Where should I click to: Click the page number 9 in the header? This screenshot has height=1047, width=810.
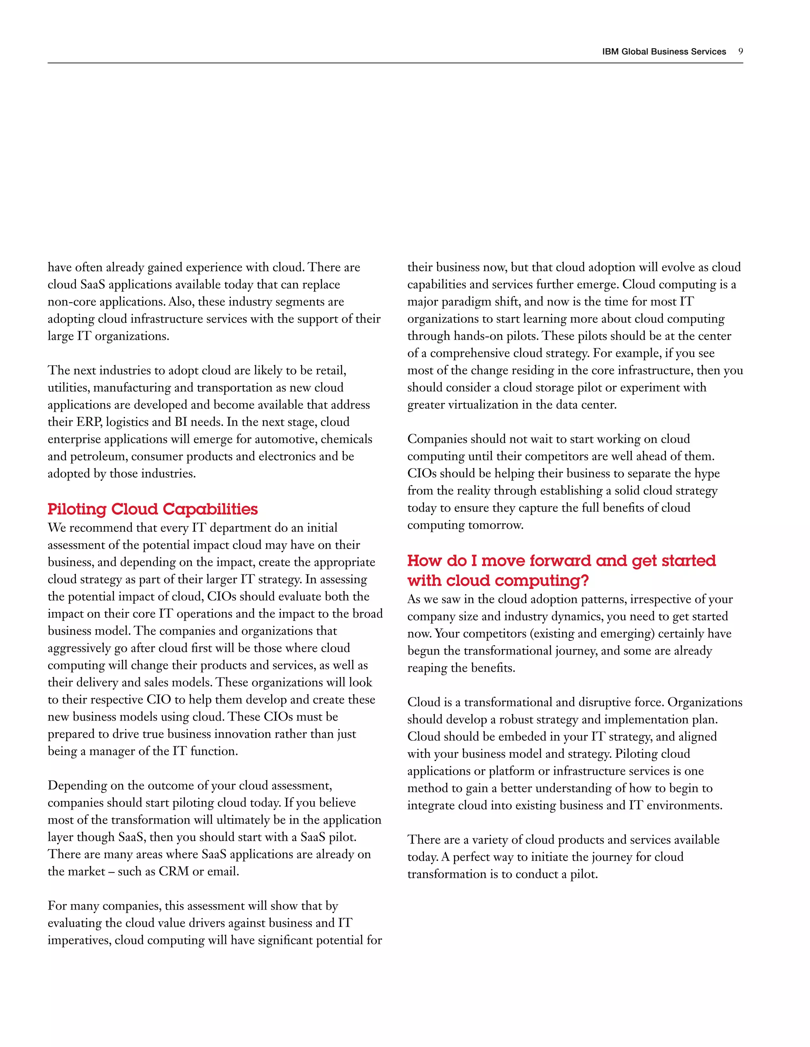pos(740,51)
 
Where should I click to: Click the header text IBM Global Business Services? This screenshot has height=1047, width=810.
pos(664,52)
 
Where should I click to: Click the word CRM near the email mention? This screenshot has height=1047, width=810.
pos(173,871)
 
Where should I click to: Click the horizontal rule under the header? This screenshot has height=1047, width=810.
pos(395,63)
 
